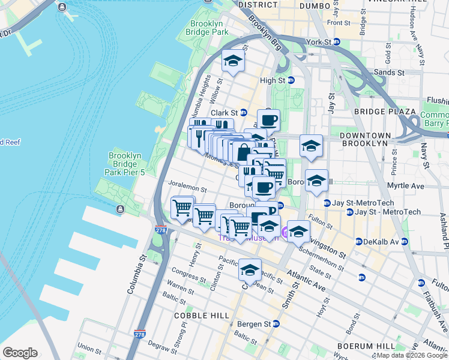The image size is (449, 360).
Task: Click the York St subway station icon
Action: point(337,42)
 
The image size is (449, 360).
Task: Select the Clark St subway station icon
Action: point(243,112)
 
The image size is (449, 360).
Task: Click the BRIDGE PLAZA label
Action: point(385,112)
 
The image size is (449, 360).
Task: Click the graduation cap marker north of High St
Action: point(234,61)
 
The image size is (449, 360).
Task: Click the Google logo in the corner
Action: point(20,353)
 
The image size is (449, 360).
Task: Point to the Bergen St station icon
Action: point(276,323)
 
